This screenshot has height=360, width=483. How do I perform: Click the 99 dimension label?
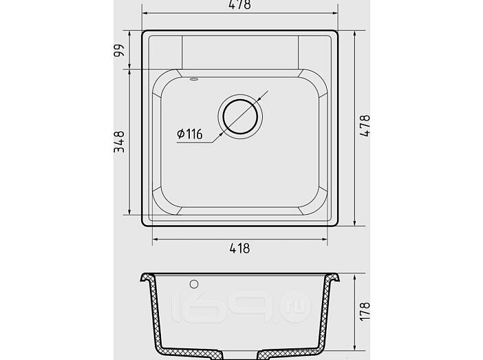click(119, 50)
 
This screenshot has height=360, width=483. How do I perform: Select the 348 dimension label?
click(119, 142)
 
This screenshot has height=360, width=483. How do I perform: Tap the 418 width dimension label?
click(239, 248)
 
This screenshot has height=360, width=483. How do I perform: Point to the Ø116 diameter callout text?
click(190, 134)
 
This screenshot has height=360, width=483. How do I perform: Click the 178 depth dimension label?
click(365, 311)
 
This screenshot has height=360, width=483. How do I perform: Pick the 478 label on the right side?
click(365, 126)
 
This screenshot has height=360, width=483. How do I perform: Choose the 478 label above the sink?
click(240, 4)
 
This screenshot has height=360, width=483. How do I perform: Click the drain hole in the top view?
click(240, 116)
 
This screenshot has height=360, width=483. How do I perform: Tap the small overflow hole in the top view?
click(194, 79)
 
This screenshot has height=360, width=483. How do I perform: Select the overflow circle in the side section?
click(194, 284)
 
